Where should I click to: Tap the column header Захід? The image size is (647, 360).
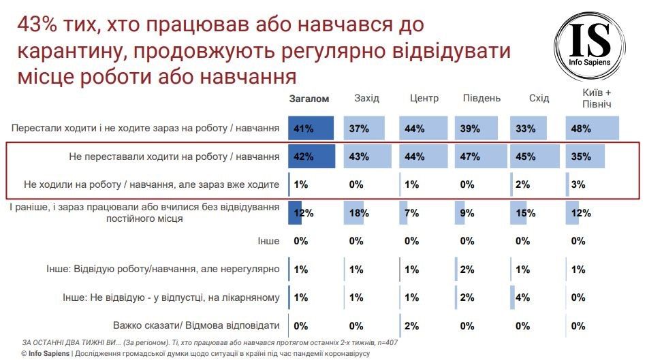(x=366, y=99)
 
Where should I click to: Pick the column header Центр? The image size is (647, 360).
(x=424, y=99)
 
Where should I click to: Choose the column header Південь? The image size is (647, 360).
(x=482, y=99)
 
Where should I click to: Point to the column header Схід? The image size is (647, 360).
(x=539, y=99)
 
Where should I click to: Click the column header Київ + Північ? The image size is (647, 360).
(x=597, y=99)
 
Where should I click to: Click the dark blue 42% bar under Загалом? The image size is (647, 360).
(x=311, y=157)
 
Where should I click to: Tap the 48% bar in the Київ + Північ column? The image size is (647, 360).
(x=592, y=128)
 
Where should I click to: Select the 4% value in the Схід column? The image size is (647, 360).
(x=523, y=297)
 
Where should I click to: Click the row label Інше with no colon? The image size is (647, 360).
(x=268, y=241)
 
